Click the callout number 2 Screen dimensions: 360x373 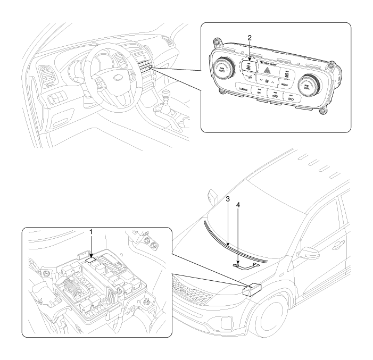click(250, 38)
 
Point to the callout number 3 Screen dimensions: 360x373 click(227, 198)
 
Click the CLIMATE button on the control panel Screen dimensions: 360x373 click(245, 89)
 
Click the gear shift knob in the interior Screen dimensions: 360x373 click(169, 98)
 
